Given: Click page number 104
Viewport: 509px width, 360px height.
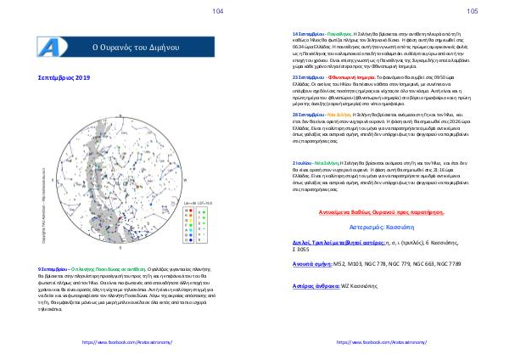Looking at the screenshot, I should (x=218, y=11).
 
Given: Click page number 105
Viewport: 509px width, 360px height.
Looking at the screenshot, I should (x=473, y=11).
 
